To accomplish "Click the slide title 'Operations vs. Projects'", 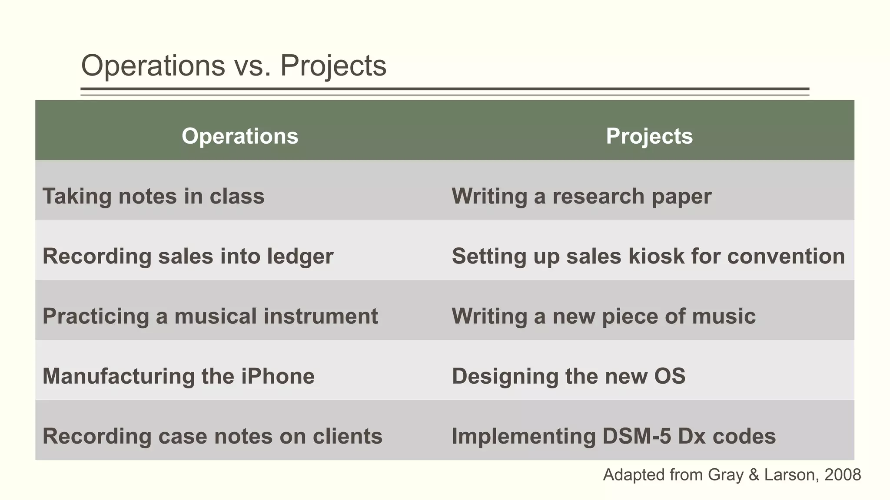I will [x=234, y=66].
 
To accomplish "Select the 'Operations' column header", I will [x=240, y=136].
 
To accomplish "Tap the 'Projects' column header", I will [x=649, y=136].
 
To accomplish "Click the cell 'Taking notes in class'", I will [x=153, y=196].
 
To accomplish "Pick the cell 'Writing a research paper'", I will [x=581, y=196].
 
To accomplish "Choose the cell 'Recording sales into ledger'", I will [x=188, y=256].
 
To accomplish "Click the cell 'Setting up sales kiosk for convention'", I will [x=648, y=256].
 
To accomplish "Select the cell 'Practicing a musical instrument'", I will [x=210, y=316].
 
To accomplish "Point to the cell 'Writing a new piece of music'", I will [x=604, y=316].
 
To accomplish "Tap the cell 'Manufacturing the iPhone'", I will [x=178, y=376].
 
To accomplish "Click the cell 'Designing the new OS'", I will [x=568, y=376].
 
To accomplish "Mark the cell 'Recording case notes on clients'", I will [x=212, y=436].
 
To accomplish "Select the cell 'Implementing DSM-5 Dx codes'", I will [x=614, y=436].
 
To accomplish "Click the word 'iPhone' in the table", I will [x=278, y=376].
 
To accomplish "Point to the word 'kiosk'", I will [x=656, y=256].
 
